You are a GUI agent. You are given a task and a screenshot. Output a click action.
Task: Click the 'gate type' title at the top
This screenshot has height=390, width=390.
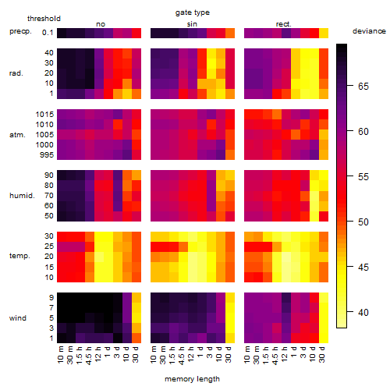coord(193,12)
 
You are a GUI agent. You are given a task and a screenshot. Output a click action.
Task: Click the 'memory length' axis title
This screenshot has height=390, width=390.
coord(192,379)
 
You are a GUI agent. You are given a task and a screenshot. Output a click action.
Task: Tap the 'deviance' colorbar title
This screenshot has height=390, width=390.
coord(369,31)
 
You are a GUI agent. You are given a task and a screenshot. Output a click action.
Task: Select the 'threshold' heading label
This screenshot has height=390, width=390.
coord(44,19)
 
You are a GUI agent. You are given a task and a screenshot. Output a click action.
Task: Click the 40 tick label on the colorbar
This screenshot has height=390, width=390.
coord(363,312)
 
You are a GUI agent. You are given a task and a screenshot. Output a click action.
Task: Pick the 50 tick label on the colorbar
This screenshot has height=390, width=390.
coord(363,222)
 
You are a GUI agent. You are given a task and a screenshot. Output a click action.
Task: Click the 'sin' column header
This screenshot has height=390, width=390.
coord(192,24)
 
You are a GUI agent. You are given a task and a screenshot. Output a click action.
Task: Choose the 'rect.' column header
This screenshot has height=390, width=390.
coord(284,24)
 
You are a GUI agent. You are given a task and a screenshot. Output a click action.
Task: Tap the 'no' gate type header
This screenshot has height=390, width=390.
coord(101,24)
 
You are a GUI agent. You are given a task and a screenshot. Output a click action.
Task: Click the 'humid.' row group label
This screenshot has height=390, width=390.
coord(22,196)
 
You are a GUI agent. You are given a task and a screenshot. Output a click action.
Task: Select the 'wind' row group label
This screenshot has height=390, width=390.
coord(18,318)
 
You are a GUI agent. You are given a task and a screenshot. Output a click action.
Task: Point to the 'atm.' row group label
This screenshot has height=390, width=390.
coord(17,135)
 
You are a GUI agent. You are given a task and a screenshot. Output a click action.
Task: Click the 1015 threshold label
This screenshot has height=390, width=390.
coord(44,115)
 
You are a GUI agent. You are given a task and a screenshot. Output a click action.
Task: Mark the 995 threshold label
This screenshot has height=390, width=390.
coord(47,155)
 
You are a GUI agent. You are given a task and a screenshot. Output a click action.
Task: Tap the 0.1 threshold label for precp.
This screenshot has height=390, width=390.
coord(48,33)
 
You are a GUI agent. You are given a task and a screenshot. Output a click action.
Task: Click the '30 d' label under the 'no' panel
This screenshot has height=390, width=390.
coord(136,354)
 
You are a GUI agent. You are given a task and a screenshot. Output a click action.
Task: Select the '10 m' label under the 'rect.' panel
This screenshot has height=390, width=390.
coord(247,354)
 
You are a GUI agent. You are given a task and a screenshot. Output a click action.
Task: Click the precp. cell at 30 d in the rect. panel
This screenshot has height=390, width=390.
coord(324,33)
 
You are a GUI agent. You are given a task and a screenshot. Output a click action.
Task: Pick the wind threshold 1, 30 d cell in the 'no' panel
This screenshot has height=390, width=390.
coord(136,338)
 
